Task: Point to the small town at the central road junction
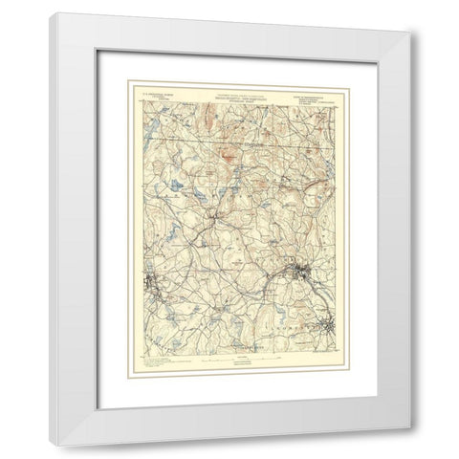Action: click(x=219, y=228)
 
